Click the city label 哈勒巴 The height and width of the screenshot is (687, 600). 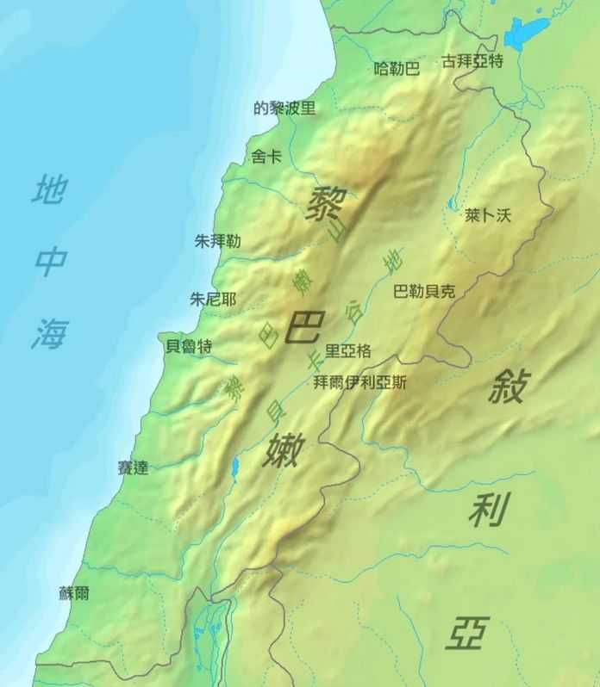397,69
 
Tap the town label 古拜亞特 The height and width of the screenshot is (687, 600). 472,62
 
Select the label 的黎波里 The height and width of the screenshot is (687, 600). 284,108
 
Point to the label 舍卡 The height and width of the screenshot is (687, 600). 266,157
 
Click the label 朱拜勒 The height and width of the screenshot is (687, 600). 218,242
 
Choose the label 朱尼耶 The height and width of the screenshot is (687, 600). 213,300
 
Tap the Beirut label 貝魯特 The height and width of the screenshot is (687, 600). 189,346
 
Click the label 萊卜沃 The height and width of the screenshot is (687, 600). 487,214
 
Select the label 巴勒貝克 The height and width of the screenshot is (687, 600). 423,291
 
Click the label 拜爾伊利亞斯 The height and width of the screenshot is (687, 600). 360,383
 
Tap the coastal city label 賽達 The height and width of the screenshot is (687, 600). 133,468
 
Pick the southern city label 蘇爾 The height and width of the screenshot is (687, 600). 74,593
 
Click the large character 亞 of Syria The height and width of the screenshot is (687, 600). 466,633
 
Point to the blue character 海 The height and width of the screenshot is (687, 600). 49,332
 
